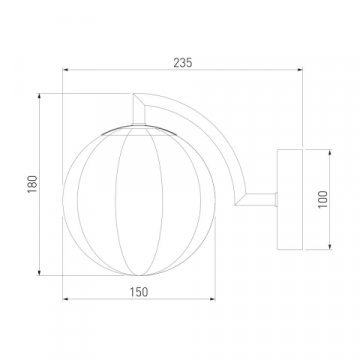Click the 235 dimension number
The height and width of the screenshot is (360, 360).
point(183,63)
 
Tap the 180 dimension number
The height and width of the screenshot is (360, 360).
point(32,184)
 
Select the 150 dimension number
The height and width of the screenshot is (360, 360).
point(139,292)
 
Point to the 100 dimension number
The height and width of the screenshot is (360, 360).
point(323,199)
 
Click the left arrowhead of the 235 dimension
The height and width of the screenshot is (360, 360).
point(66,70)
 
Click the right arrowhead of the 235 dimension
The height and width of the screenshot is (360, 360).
point(300,70)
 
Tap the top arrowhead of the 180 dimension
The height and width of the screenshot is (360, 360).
point(39,96)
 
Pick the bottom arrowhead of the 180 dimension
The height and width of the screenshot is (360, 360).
point(39,273)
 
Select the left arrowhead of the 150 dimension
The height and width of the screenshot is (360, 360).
point(66,299)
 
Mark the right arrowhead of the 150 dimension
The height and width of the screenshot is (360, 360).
point(212,299)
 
